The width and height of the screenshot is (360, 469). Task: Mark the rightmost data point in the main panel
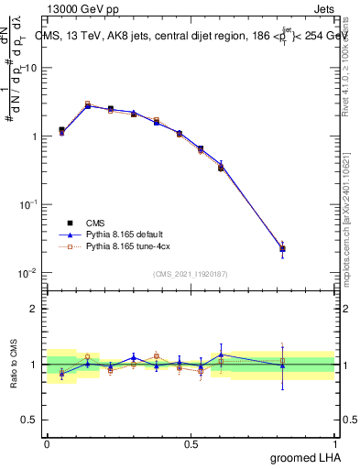pyautogui.click(x=283, y=248)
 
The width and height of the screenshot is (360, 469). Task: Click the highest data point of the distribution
pyautogui.click(x=88, y=105)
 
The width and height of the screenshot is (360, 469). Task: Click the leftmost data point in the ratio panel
pyautogui.click(x=61, y=373)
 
